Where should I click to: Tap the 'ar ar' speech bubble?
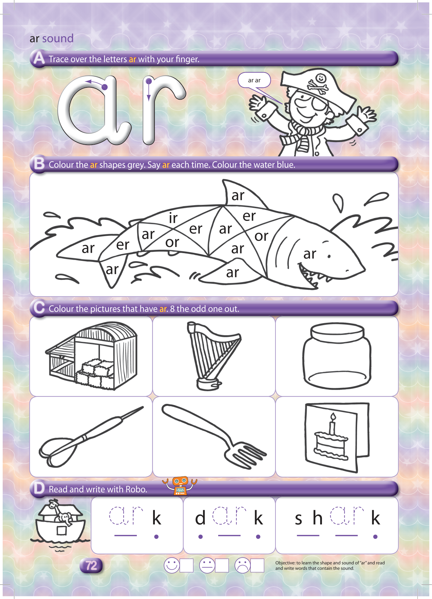tap(254, 80)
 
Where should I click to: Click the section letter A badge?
tap(39, 58)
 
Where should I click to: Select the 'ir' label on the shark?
tap(173, 218)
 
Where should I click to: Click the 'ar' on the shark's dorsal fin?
tap(238, 195)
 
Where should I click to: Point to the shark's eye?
tap(329, 256)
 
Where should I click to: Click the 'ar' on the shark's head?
tap(310, 254)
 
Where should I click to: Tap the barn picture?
tap(91, 356)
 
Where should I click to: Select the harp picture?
tap(213, 356)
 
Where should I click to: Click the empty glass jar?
tap(337, 356)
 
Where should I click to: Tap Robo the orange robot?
tap(180, 486)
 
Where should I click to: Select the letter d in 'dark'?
tap(200, 518)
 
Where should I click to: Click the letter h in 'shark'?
tap(317, 518)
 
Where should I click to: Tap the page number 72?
tap(91, 565)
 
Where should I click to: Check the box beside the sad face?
tap(257, 565)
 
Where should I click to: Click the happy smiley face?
tap(172, 565)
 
